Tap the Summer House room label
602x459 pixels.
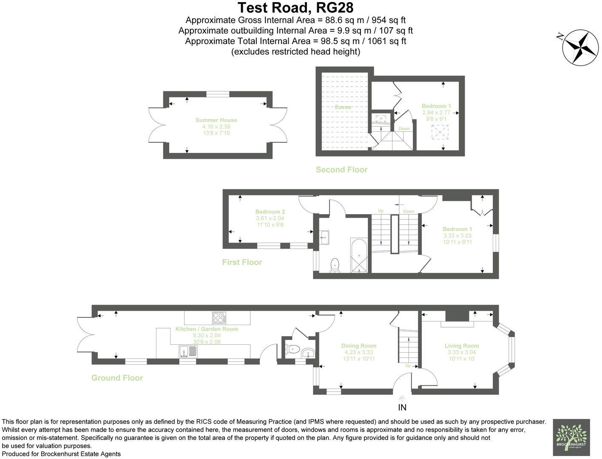216,120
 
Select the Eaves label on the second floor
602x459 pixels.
343,108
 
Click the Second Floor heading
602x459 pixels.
341,170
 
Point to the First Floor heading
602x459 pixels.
242,262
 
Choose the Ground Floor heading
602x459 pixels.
117,378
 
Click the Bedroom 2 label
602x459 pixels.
270,212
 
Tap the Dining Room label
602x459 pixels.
358,346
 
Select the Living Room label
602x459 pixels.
462,346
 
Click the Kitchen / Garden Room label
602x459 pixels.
207,329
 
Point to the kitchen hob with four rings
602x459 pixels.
219,317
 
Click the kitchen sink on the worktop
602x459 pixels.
188,351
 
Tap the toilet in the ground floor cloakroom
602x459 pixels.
292,349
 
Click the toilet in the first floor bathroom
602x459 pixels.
335,265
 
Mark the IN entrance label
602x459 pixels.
402,407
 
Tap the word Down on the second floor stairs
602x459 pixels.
404,129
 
